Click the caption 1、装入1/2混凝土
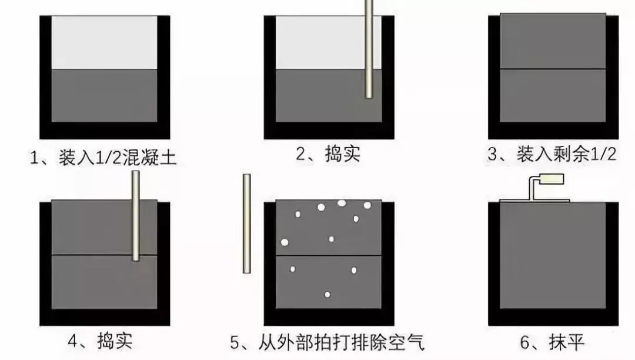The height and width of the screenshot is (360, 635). click(103, 158)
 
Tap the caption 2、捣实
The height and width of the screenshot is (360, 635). click(327, 155)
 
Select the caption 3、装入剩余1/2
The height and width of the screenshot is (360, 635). click(552, 155)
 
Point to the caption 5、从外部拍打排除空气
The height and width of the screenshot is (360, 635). click(327, 342)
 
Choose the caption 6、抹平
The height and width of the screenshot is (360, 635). click(552, 342)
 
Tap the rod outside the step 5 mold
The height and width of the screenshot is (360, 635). click(247, 224)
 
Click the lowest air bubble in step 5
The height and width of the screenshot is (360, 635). click(327, 294)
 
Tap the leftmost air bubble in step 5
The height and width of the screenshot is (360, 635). click(285, 242)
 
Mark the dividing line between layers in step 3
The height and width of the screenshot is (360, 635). click(552, 69)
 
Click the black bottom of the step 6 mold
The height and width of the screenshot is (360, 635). click(553, 317)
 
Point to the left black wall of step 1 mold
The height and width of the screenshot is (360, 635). click(45, 76)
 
